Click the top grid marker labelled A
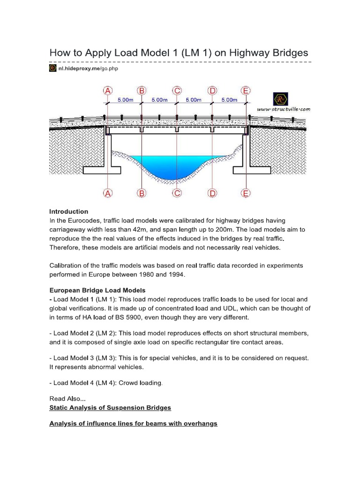[108, 90]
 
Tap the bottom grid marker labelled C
[177, 193]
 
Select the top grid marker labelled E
[246, 90]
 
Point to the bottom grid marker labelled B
[142, 193]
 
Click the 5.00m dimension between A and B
[125, 100]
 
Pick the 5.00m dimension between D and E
[229, 100]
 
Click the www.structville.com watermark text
[284, 109]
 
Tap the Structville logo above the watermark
[280, 98]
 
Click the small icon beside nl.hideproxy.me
[53, 68]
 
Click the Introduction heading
[69, 211]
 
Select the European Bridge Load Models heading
[97, 290]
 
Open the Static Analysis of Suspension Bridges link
[110, 407]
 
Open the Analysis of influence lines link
[133, 423]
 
